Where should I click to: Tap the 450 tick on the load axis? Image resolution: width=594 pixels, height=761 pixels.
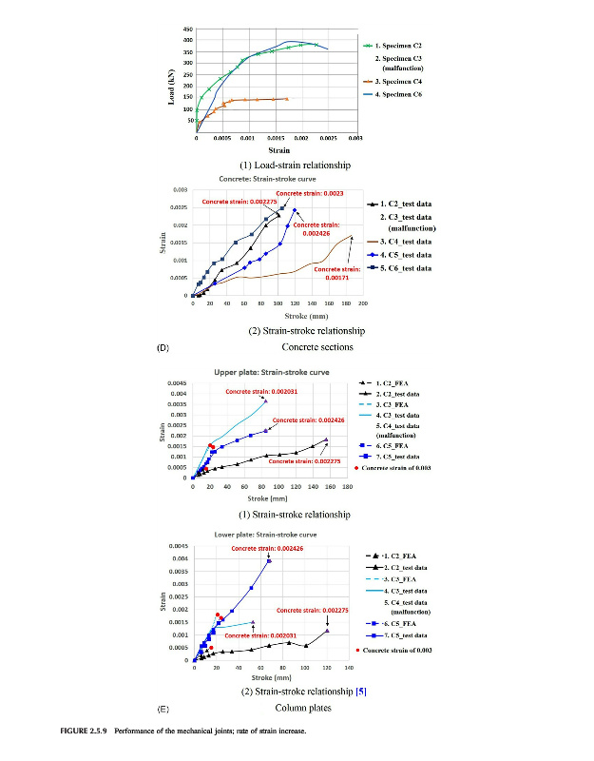187,29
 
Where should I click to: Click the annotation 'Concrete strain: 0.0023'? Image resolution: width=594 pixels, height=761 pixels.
310,193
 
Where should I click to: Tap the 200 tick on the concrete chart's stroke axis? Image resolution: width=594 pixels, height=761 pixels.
362,302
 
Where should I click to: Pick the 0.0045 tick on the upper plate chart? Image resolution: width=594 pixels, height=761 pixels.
178,383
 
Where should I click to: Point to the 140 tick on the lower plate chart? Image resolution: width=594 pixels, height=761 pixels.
327,668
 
